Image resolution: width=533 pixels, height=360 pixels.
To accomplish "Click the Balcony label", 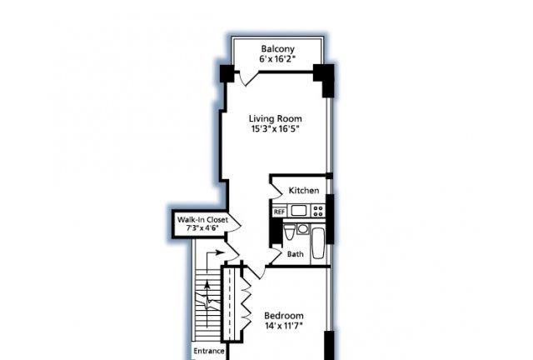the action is coord(277,49).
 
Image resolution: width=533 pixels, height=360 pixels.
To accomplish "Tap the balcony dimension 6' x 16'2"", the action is coord(277,59).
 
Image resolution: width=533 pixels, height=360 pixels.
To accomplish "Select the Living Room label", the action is coord(276,119).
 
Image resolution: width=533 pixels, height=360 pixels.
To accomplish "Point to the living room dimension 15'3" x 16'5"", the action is coord(276,128).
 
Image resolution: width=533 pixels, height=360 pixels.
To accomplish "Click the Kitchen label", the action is coord(304,191).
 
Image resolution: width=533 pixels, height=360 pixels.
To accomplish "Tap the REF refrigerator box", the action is coord(279,212).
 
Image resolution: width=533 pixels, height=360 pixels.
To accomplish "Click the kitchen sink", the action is coord(299,211).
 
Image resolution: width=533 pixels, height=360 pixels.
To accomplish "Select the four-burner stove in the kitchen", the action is coord(318,211).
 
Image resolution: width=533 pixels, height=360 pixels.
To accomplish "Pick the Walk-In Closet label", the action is coord(202,220).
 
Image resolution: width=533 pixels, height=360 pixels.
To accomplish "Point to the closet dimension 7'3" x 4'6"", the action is coord(202,228).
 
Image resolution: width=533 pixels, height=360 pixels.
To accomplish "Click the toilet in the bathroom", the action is coord(289,232).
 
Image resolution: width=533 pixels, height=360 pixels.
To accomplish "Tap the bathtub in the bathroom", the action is coord(318,243).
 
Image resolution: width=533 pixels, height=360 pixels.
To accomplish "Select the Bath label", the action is coord(296,254).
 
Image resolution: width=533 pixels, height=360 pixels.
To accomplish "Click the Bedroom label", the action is coord(284,316).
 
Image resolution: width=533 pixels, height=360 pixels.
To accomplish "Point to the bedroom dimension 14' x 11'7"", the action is coord(284,326).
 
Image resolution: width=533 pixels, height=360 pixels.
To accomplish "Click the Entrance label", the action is coord(209,351).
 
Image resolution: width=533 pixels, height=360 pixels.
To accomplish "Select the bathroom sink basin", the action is coord(302,228).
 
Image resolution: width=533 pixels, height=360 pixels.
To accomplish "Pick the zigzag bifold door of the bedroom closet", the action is coord(247,302).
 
